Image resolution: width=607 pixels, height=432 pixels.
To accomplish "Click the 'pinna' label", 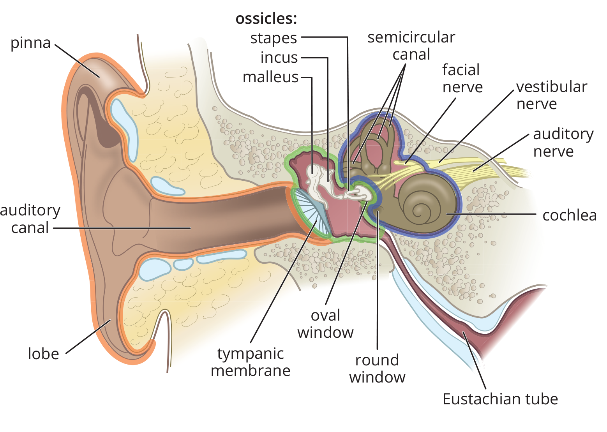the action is click(31, 43).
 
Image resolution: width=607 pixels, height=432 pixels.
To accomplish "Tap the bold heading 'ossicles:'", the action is click(266, 19).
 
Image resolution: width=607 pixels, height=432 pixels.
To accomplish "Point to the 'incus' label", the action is click(279, 58).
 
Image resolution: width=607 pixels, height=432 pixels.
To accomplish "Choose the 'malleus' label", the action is click(270, 77).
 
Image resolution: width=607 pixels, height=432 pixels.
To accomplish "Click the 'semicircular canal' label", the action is click(411, 46).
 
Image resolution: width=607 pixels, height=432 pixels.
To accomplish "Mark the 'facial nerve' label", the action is click(462, 79).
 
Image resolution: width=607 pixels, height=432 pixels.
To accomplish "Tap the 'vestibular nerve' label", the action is click(552, 95).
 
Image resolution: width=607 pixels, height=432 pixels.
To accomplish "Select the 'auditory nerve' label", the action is click(563, 143).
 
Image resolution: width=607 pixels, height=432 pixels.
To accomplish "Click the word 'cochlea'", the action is click(570, 216).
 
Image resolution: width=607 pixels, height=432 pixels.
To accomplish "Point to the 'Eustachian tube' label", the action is click(500, 399).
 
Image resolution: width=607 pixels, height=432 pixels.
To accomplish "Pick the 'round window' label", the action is click(377, 369).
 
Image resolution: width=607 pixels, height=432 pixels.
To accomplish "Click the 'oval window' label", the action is click(325, 324).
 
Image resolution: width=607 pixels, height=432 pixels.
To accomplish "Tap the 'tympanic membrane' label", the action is click(251, 362).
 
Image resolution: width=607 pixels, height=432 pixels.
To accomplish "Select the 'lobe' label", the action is click(44, 354).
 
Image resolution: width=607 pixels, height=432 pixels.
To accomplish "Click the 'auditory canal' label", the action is click(30, 219).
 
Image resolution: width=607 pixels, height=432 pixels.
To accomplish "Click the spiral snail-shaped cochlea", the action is click(425, 203).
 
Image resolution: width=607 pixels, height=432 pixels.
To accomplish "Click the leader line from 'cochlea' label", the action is click(491, 214).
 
